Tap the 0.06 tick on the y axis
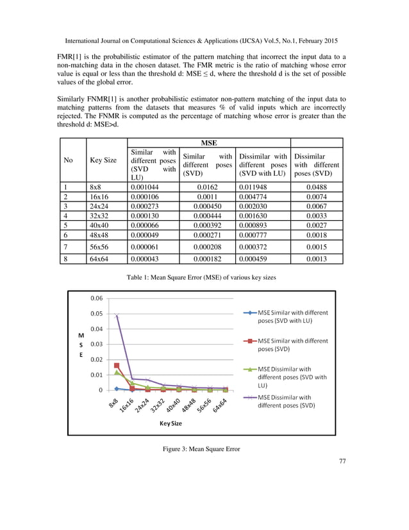pyautogui.click(x=96, y=298)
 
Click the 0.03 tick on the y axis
pyautogui.click(x=96, y=344)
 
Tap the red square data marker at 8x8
pyautogui.click(x=117, y=366)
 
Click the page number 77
pyautogui.click(x=341, y=461)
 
